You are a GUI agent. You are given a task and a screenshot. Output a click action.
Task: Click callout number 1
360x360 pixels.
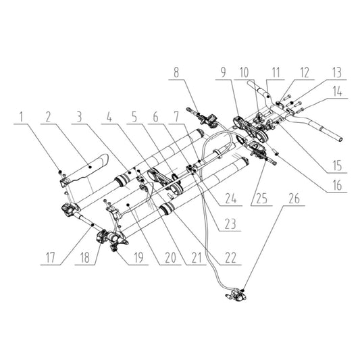pos(22,117)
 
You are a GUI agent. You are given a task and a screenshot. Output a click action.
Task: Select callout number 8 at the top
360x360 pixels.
pos(176,73)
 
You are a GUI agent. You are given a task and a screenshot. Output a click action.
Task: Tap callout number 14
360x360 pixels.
pos(337,92)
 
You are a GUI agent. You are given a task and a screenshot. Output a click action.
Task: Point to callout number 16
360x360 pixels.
pos(337,185)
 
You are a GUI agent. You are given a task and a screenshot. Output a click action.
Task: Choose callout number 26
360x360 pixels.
pos(294,199)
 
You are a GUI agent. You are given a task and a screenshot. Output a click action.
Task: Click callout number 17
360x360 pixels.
pos(51,257)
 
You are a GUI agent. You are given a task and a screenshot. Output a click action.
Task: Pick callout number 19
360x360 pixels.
pos(138,257)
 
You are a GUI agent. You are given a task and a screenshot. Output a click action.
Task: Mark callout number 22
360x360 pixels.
pos(230,257)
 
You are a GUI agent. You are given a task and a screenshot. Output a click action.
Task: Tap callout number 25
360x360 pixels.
pos(262,199)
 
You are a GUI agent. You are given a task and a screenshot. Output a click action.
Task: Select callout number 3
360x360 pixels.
pos(79,117)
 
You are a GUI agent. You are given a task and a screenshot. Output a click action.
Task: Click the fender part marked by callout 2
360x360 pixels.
pos(88,168)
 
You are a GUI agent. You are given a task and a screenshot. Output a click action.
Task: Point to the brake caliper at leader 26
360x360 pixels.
pos(236,296)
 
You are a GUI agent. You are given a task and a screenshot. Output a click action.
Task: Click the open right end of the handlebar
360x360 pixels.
pos(341,139)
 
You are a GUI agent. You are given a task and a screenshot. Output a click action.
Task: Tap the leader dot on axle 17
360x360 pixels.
pos(93,225)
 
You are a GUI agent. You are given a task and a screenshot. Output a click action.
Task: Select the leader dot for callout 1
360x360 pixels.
pos(60,172)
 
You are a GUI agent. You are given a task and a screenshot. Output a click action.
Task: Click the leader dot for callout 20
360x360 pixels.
pos(128,204)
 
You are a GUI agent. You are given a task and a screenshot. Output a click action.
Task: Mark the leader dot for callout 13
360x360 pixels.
pos(292,103)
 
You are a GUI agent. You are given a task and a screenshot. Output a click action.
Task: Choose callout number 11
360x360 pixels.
pos(276,73)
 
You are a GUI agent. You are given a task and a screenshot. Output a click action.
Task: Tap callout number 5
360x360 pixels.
pos(134,117)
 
